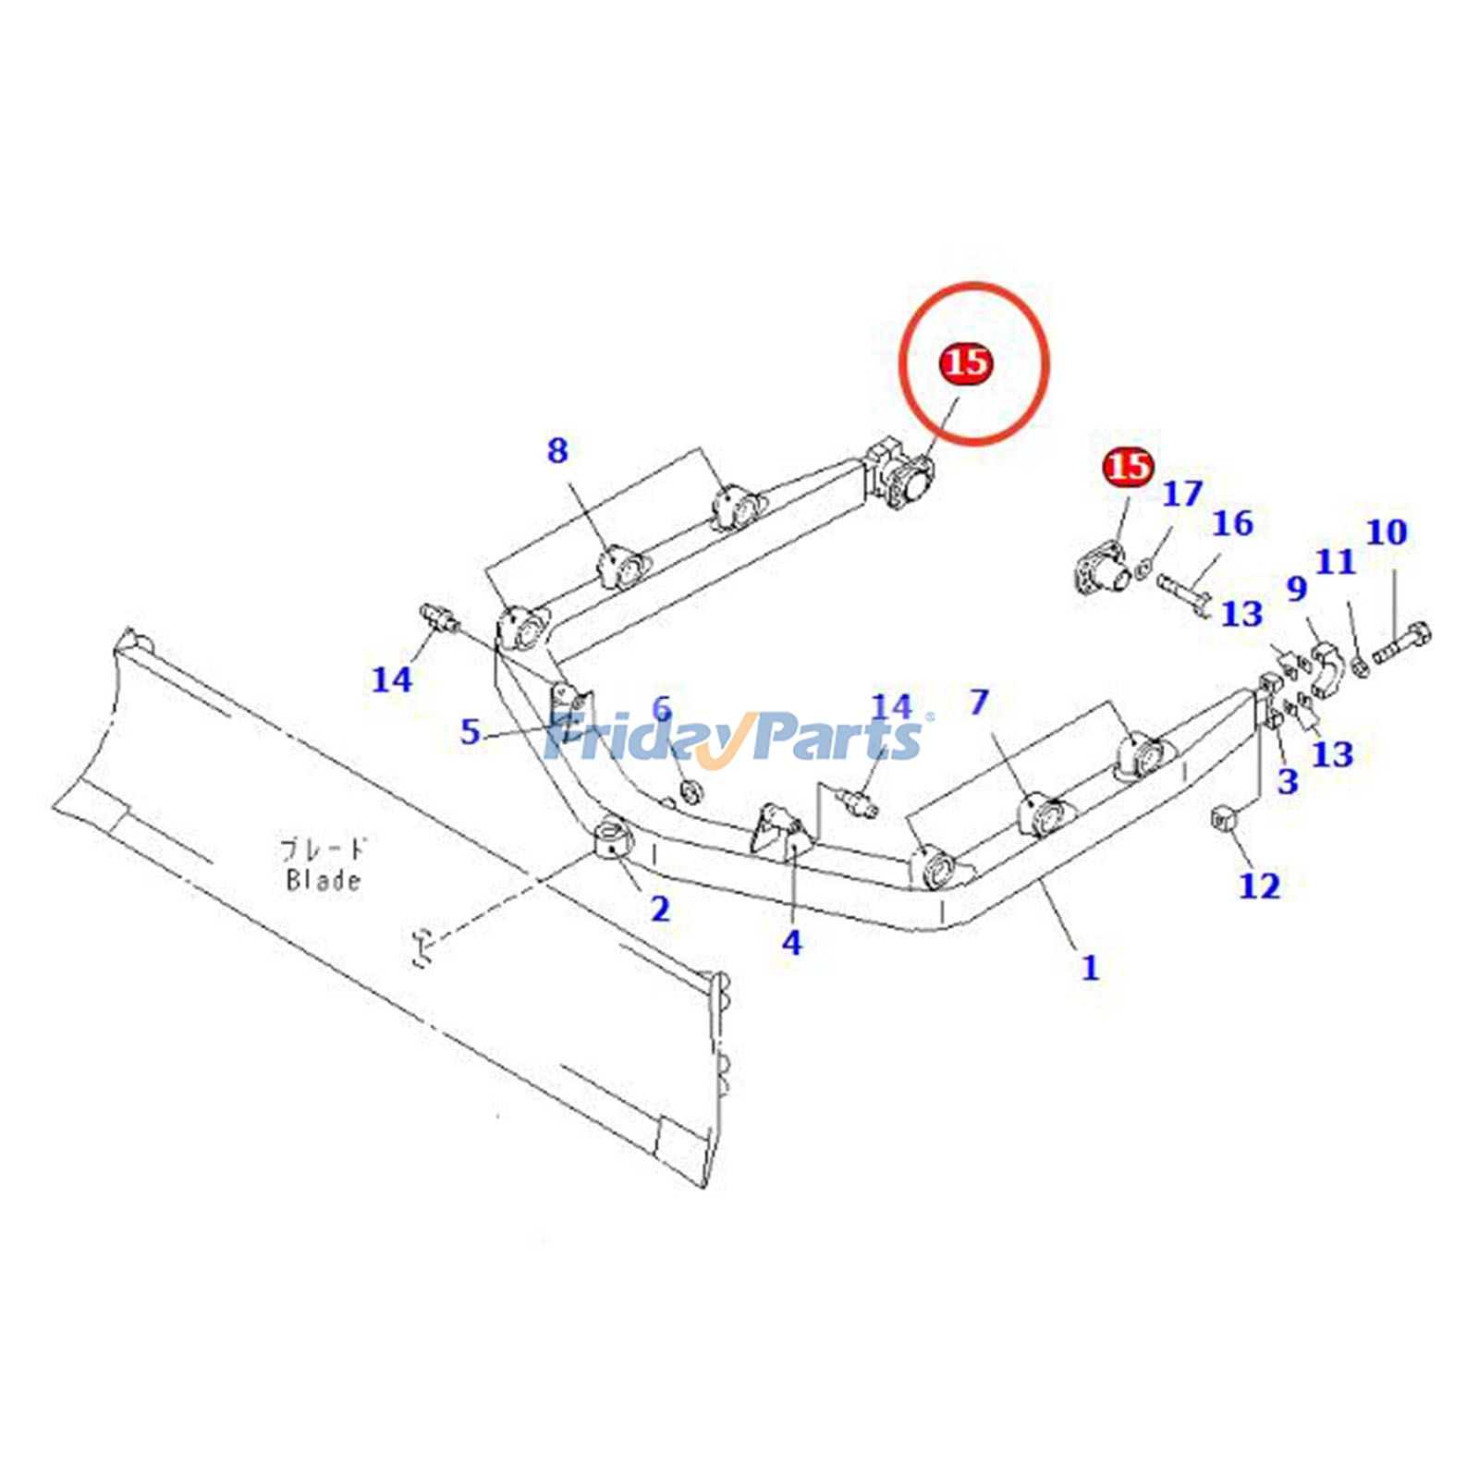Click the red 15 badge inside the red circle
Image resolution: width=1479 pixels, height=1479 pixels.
965,361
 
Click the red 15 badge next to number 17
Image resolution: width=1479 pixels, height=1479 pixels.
1129,466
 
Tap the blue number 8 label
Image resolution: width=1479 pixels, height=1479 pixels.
556,451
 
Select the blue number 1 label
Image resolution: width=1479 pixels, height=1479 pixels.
1091,968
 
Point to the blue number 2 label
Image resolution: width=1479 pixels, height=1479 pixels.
659,909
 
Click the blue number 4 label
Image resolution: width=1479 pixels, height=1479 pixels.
791,943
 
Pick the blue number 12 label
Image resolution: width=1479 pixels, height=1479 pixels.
1259,886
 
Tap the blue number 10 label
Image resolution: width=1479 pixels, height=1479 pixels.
1386,532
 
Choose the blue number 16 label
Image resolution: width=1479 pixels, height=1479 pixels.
1232,523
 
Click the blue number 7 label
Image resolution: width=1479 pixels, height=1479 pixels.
979,703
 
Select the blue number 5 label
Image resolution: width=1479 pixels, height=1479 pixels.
471,732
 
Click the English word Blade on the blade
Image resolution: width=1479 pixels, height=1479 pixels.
323,879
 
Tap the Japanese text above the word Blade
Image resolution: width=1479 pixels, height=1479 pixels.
323,848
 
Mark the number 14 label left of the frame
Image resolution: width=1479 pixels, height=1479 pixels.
391,679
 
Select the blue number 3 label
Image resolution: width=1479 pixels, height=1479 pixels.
1288,781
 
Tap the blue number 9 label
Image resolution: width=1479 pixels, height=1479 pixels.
1297,588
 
